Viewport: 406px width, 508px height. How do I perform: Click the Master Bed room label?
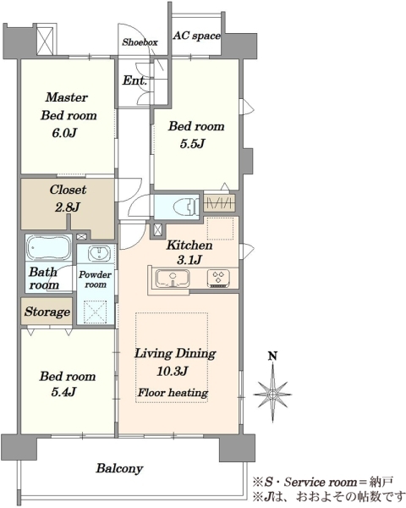pyautogui.click(x=69, y=107)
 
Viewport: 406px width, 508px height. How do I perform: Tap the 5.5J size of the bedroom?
pyautogui.click(x=192, y=144)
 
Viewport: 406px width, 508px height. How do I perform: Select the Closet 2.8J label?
pyautogui.click(x=68, y=198)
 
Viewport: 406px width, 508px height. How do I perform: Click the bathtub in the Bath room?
pyautogui.click(x=48, y=248)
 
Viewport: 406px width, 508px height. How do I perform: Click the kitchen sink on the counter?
pyautogui.click(x=173, y=279)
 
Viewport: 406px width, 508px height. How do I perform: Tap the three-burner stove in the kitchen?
pyautogui.click(x=219, y=279)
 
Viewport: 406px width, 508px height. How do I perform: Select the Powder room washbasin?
pyautogui.click(x=99, y=253)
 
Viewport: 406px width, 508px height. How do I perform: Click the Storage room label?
pyautogui.click(x=47, y=312)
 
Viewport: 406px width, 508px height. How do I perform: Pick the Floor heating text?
pyautogui.click(x=173, y=393)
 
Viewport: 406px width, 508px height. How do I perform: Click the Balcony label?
pyautogui.click(x=119, y=468)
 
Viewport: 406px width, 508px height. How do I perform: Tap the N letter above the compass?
pyautogui.click(x=273, y=356)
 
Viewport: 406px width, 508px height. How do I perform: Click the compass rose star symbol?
pyautogui.click(x=272, y=395)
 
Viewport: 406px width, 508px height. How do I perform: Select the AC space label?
pyautogui.click(x=196, y=36)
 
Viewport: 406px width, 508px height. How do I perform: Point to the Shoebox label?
pyautogui.click(x=140, y=42)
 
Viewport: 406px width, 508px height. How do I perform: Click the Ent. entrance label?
pyautogui.click(x=134, y=80)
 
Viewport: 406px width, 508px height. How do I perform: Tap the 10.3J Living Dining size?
pyautogui.click(x=173, y=372)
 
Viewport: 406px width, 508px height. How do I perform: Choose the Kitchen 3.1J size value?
pyautogui.click(x=189, y=260)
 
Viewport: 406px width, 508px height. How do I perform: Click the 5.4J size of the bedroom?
pyautogui.click(x=63, y=392)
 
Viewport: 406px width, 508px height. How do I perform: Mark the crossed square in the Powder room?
pyautogui.click(x=96, y=312)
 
